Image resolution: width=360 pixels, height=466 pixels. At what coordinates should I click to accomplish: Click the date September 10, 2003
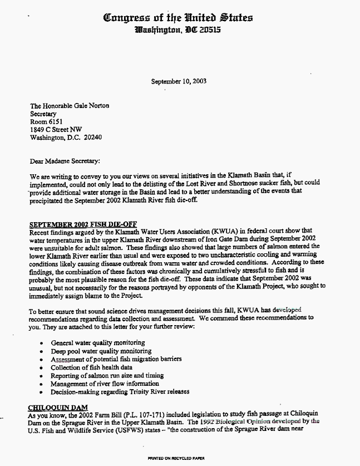click(179, 81)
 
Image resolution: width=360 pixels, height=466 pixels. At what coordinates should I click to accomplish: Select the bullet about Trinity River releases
click(120, 391)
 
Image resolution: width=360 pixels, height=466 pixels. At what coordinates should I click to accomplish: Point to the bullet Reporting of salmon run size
click(99, 376)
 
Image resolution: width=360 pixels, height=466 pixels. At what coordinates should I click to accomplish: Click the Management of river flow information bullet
click(105, 384)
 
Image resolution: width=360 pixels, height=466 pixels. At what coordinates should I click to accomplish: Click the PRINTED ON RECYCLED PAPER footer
click(176, 458)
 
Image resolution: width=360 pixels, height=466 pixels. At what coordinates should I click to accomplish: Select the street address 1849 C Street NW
click(56, 130)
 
